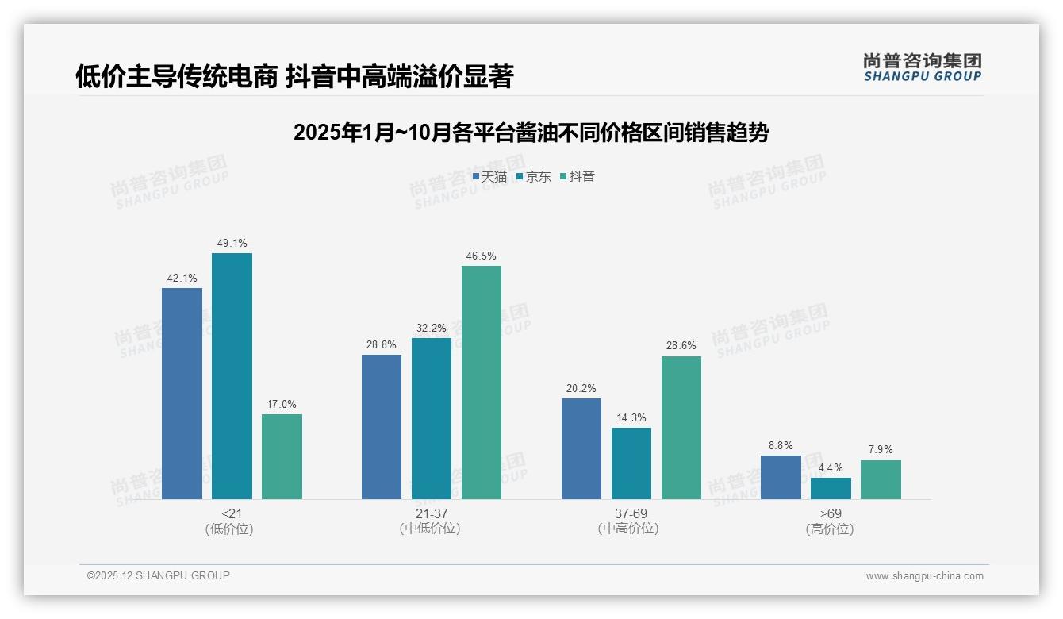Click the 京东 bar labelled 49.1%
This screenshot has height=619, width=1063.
coord(232,376)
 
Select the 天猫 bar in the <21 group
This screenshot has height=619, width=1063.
coord(182,394)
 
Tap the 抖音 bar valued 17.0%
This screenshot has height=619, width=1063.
coord(282,456)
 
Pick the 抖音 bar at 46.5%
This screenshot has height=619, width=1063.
coord(482,383)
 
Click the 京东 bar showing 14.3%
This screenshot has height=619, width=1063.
coord(631,463)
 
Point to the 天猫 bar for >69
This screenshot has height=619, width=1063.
coord(781,477)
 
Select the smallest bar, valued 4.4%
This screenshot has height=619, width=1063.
coord(831,488)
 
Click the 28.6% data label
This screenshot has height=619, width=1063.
coord(681,346)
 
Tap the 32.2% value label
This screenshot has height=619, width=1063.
coord(432,328)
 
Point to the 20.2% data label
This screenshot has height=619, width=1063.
coord(581,388)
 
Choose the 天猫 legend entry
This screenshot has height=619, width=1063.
coord(489,176)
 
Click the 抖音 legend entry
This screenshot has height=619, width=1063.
coord(577,176)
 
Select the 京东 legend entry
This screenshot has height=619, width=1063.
coord(533,176)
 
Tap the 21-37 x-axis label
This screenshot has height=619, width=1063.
coord(432,513)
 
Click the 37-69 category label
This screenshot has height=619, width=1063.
coord(631,513)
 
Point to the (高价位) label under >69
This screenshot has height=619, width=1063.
coord(831,529)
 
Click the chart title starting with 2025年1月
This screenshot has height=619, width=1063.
coord(531,133)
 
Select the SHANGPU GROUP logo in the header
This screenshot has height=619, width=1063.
coord(922,67)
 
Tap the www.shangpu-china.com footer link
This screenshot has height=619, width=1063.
coord(924,576)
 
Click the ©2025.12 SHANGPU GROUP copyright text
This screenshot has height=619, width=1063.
coord(159,575)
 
